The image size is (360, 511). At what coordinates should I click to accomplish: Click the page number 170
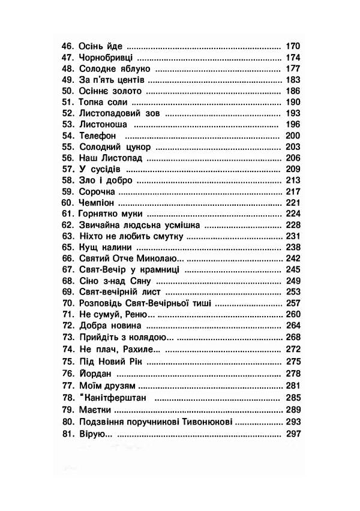293,46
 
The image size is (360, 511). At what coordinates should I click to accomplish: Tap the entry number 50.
67,91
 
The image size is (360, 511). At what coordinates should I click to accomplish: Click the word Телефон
97,136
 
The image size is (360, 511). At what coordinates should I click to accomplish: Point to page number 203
293,147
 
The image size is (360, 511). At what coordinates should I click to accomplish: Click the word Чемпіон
96,203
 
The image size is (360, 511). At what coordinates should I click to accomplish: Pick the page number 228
293,225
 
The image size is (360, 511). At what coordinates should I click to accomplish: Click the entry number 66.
67,258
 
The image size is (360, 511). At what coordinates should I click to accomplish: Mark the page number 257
293,303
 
